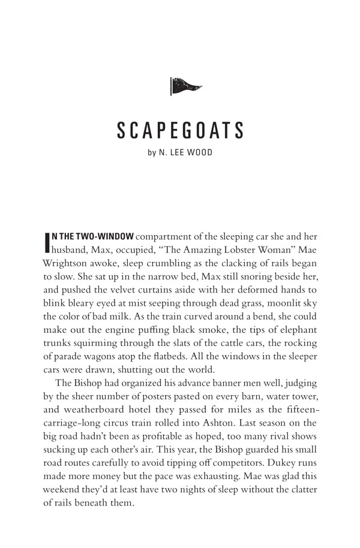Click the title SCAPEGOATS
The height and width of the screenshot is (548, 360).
coord(180,131)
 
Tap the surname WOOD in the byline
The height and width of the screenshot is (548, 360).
coord(199,153)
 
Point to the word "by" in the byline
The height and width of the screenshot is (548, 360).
coord(152,153)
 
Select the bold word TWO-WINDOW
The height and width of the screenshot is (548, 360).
coord(108,237)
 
